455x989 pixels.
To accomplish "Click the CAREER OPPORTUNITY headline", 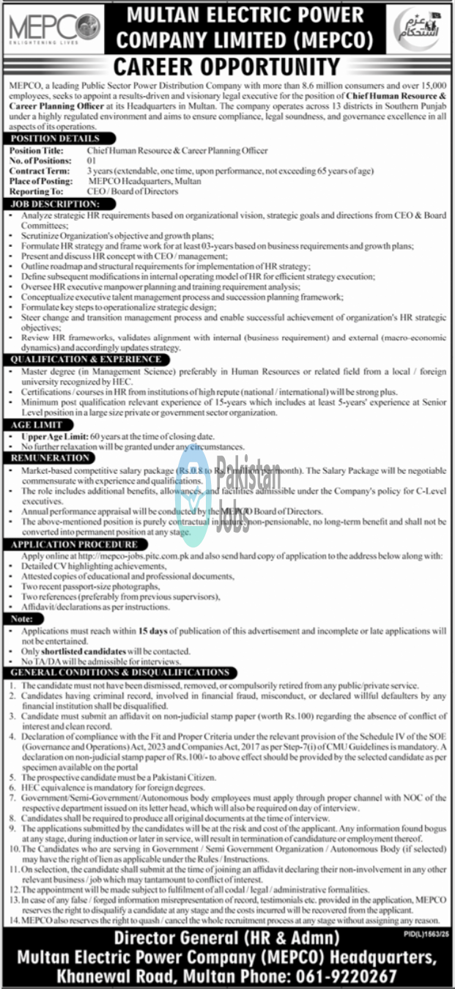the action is (x=226, y=67).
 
